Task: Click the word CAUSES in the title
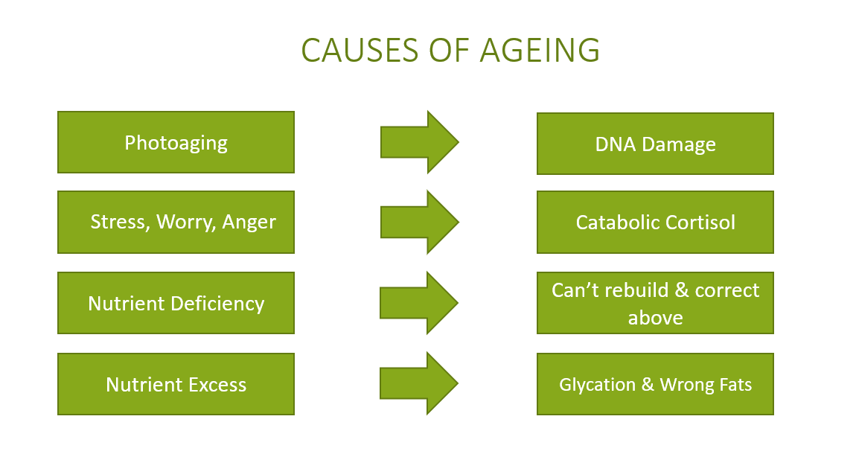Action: click(361, 50)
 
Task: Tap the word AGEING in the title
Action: click(540, 50)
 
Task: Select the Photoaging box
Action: click(176, 142)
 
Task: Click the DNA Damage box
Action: click(655, 144)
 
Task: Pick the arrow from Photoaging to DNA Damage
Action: click(419, 142)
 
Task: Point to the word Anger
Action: click(249, 223)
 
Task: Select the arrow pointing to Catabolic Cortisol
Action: click(419, 223)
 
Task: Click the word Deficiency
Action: click(218, 304)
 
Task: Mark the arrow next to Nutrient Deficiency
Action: click(419, 303)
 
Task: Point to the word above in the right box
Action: click(655, 318)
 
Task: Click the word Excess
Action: click(217, 385)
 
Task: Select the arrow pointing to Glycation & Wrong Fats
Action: click(419, 383)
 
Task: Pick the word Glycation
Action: click(597, 385)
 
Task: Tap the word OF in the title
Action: click(450, 50)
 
